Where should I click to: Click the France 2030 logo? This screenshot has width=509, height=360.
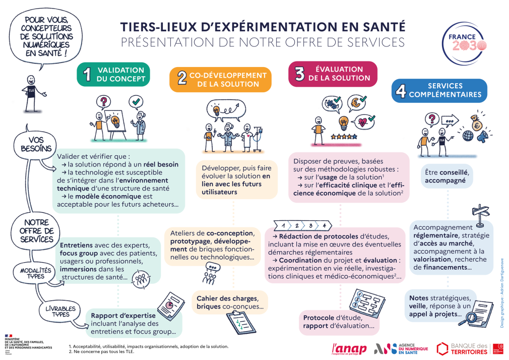(x=464, y=44)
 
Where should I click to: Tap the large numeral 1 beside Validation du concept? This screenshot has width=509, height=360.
(x=87, y=75)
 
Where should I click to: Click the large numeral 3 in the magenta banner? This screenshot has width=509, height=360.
(x=299, y=74)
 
